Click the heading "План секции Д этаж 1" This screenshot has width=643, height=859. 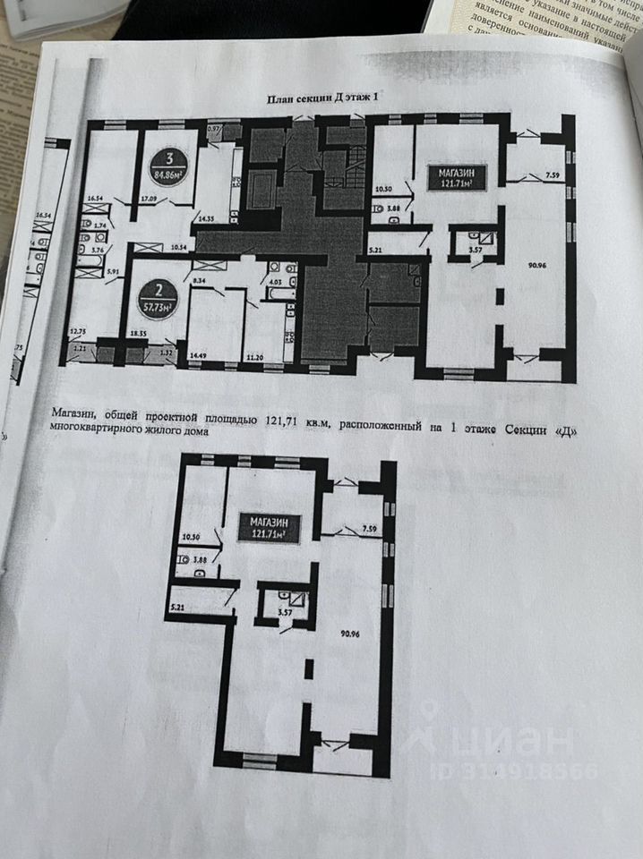click(330, 101)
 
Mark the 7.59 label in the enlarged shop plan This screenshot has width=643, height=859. click(372, 529)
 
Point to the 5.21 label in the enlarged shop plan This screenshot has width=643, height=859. click(175, 608)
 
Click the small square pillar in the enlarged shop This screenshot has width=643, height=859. click(308, 668)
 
